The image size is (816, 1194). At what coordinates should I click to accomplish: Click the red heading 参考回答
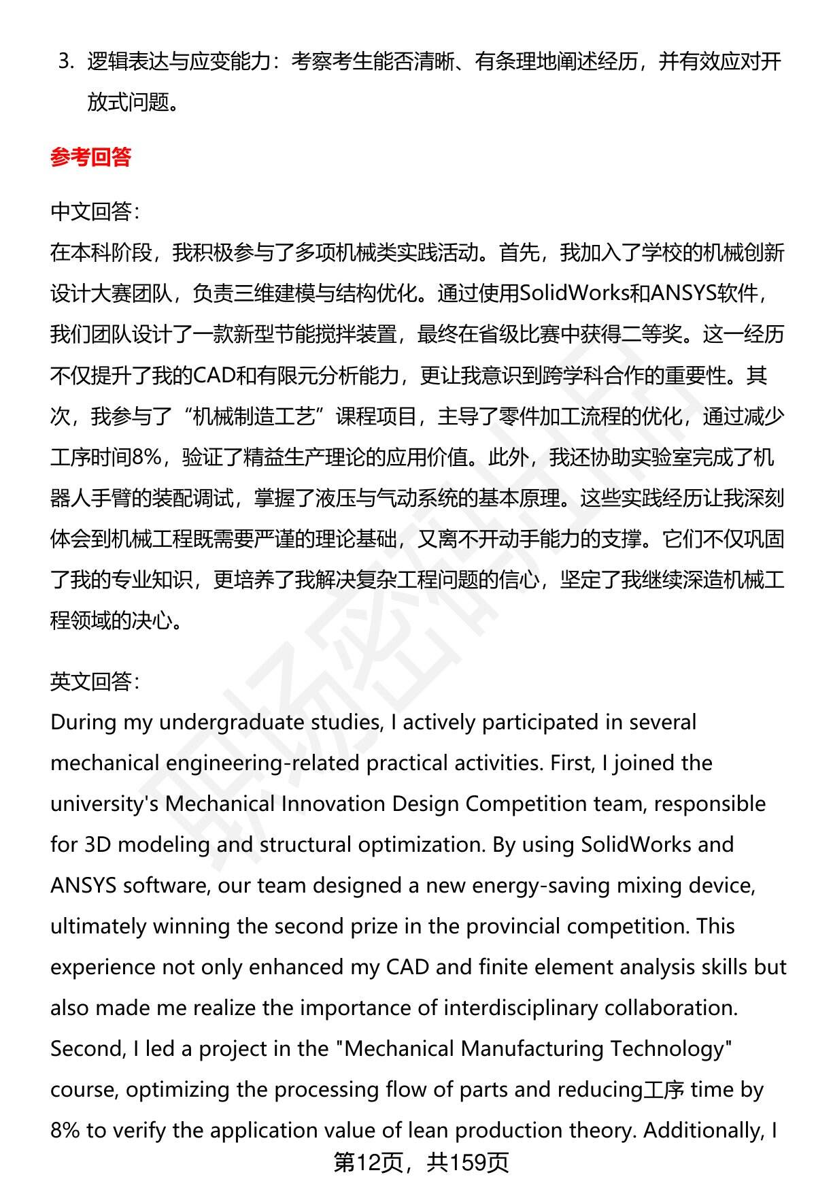click(90, 158)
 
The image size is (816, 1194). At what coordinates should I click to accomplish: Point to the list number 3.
click(65, 62)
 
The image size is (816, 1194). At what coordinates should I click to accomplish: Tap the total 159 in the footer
click(469, 1163)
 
